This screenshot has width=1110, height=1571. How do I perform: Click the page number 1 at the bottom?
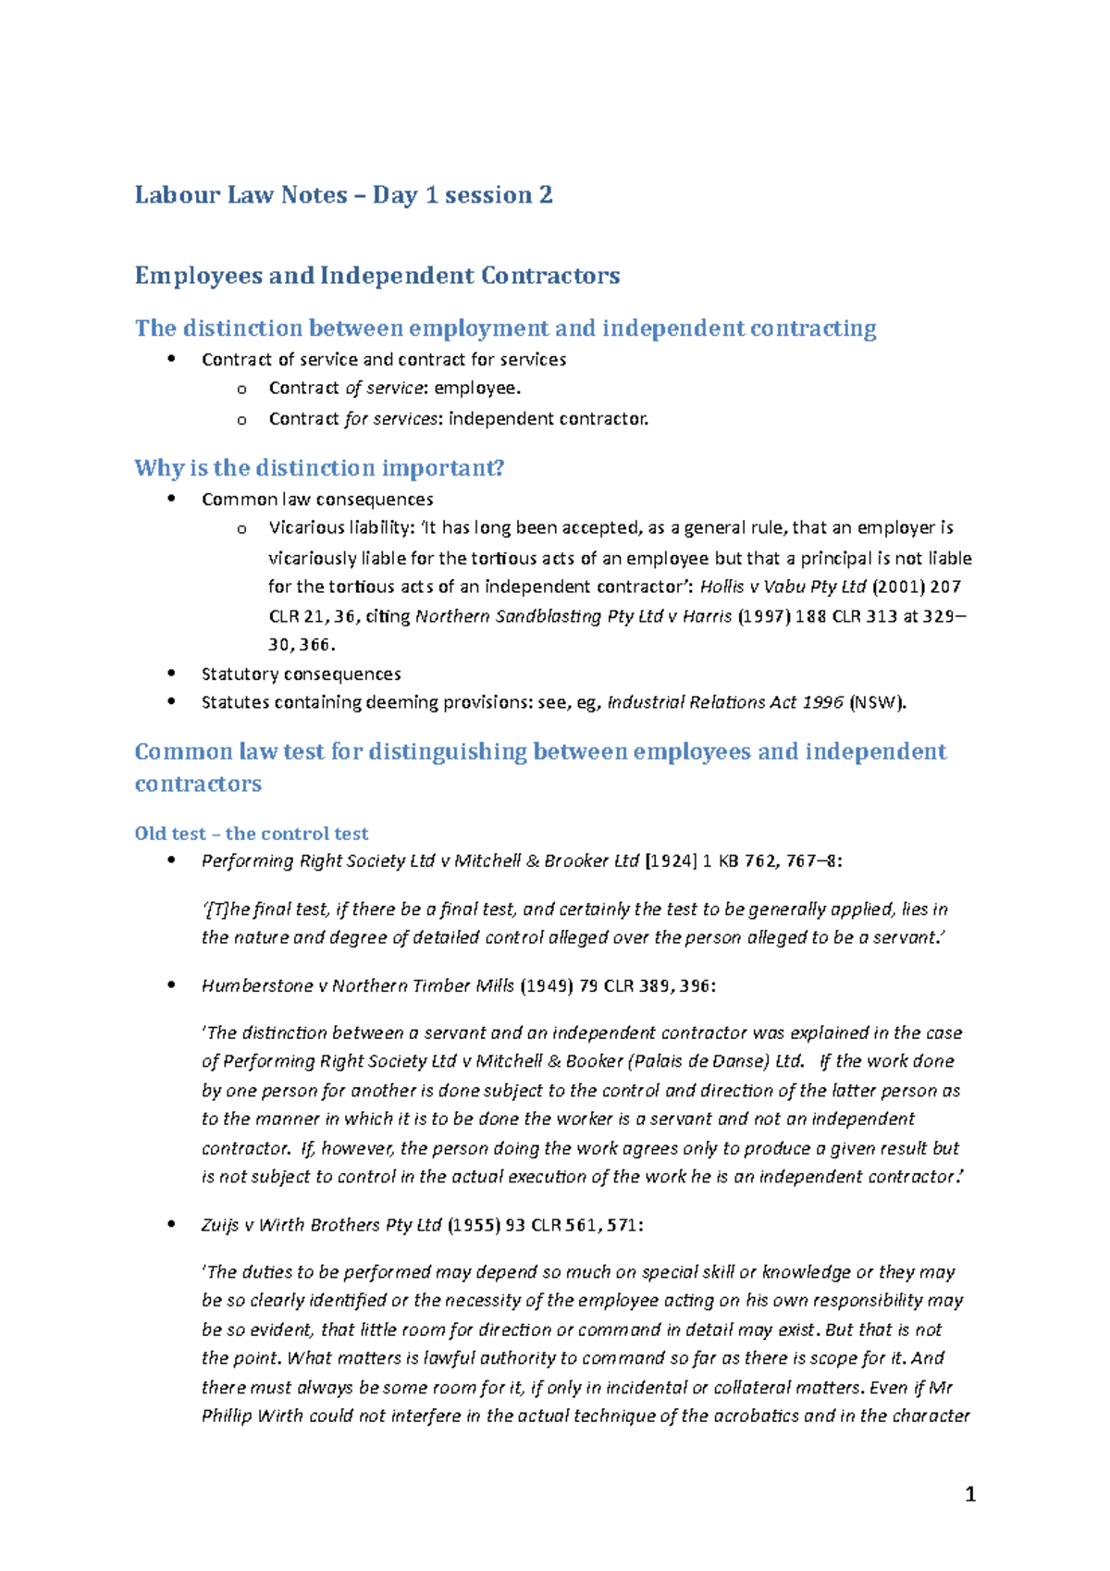(969, 1494)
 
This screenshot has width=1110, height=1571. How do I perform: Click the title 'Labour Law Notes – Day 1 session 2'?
(343, 195)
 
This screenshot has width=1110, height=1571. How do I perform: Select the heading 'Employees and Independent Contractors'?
(376, 276)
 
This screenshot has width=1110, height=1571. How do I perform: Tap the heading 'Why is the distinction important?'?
(319, 468)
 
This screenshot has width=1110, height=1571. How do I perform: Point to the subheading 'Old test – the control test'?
(251, 834)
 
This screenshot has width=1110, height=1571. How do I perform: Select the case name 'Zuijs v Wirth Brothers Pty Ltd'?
(321, 1225)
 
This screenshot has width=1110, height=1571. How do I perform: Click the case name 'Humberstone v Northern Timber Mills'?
(357, 986)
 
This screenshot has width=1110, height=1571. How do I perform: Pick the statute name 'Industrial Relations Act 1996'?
(724, 702)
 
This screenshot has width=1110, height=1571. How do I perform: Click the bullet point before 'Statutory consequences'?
(171, 674)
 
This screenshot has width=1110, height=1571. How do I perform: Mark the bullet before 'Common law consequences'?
(171, 499)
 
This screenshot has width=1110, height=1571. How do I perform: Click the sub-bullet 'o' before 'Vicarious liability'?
(241, 529)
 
